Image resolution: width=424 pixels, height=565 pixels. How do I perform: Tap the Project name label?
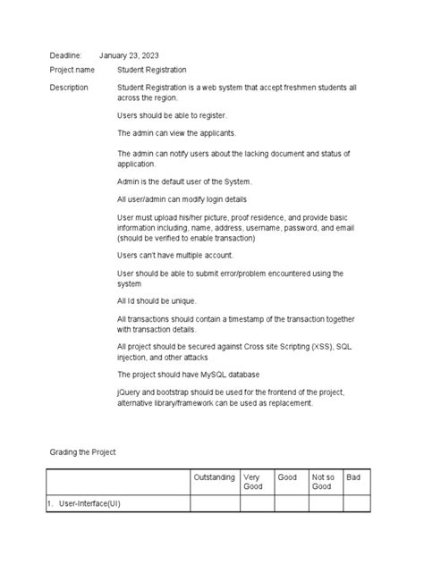click(x=72, y=70)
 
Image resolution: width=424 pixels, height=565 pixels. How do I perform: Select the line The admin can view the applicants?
click(x=176, y=133)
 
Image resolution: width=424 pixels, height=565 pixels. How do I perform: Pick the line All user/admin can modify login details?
click(x=194, y=198)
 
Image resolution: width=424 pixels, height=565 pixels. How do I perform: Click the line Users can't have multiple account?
click(x=174, y=255)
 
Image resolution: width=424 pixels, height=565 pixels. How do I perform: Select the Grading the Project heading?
click(x=82, y=453)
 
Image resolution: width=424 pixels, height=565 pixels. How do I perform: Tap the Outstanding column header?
click(x=214, y=478)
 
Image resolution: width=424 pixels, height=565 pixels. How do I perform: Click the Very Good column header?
click(x=252, y=483)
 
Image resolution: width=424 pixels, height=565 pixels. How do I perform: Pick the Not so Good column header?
click(x=322, y=483)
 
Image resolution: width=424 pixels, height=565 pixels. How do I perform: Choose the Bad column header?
click(x=353, y=478)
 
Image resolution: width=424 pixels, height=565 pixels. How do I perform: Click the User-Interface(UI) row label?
click(x=89, y=505)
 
